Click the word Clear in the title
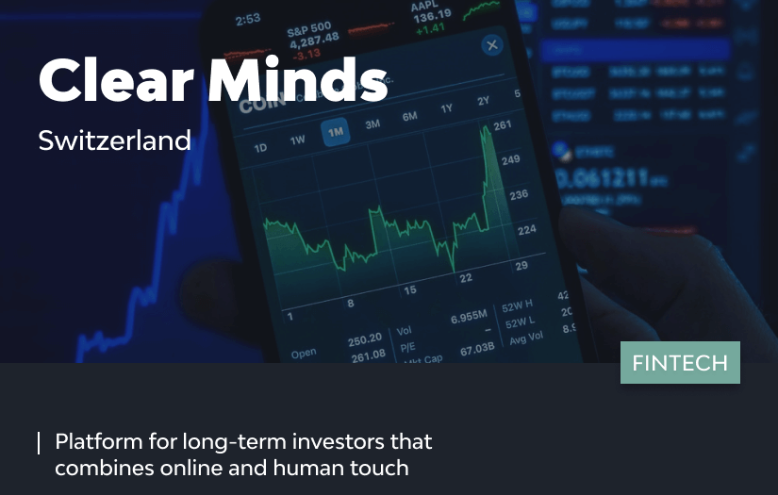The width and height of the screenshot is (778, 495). (114, 81)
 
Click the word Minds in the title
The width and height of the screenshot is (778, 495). (298, 81)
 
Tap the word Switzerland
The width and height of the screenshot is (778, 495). (114, 140)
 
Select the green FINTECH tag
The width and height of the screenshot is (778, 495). (680, 363)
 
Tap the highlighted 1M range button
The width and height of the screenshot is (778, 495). (335, 133)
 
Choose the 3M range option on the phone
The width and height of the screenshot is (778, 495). (372, 124)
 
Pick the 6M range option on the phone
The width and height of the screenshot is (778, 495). (409, 117)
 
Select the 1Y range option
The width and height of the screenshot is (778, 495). (447, 109)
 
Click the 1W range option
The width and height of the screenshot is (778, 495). (298, 140)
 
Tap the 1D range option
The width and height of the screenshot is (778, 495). (261, 148)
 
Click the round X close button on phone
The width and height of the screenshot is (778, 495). (491, 45)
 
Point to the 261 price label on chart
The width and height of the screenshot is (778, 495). (502, 126)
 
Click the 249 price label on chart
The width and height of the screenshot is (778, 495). (510, 160)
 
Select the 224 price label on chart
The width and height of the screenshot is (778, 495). (526, 229)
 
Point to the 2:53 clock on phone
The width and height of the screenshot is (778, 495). (248, 19)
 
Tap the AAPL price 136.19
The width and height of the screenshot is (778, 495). (431, 15)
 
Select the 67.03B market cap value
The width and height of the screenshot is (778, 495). (478, 350)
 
